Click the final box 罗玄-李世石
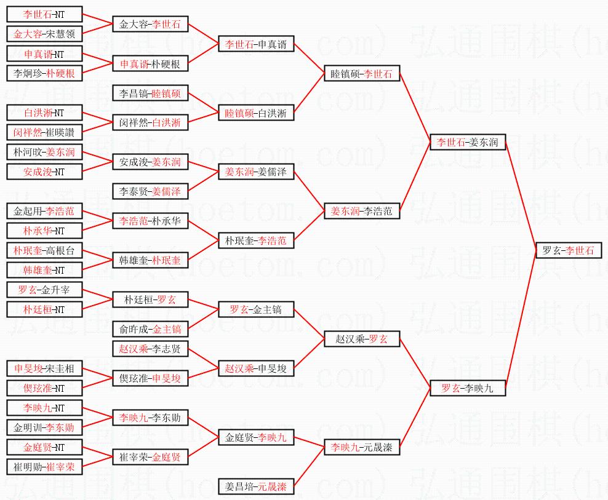568,251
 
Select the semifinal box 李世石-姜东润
468,143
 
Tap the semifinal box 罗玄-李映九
468,388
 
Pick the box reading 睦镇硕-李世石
362,74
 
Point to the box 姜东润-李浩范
362,211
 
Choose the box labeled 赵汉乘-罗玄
362,339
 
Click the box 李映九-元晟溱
362,446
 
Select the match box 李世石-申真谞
256,44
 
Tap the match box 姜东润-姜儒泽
256,172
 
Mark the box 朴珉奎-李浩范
256,240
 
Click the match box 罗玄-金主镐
256,309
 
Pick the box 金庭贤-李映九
256,438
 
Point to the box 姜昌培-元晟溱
256,486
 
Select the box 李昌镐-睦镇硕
150,93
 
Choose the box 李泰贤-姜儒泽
150,191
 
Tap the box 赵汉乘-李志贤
150,349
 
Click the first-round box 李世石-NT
44,14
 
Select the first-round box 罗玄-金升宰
44,290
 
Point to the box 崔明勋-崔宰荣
44,467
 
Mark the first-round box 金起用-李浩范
44,211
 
